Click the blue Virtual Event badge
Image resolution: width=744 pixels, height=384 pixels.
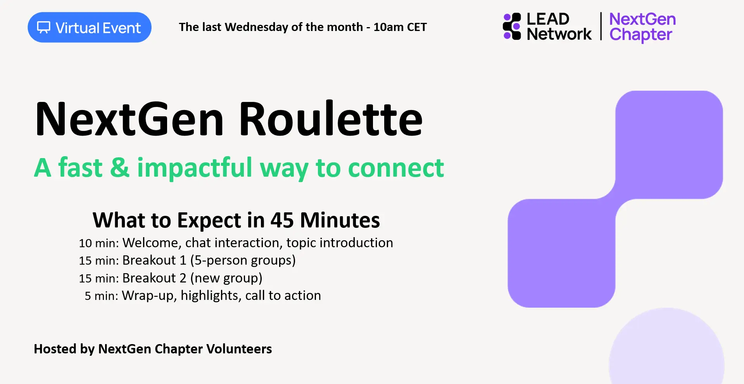(90, 27)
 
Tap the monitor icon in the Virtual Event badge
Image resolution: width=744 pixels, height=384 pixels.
(43, 28)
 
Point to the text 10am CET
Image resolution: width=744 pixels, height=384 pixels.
(400, 27)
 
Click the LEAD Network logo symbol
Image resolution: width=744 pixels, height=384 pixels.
(512, 26)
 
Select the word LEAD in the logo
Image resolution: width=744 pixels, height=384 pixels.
(548, 19)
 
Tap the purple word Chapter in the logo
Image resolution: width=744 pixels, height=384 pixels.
(640, 35)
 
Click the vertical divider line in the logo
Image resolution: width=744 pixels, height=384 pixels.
(601, 26)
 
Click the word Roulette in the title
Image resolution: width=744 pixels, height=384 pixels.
(330, 119)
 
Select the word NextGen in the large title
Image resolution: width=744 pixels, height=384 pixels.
(129, 119)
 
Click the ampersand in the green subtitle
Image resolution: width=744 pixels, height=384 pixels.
(120, 168)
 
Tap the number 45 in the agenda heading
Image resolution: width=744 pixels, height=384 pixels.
(282, 220)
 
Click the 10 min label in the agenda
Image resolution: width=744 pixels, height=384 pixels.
(99, 243)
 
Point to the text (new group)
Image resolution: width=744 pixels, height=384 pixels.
(226, 278)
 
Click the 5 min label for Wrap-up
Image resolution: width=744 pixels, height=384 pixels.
(102, 296)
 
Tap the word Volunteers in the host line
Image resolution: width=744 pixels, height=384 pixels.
(239, 349)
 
